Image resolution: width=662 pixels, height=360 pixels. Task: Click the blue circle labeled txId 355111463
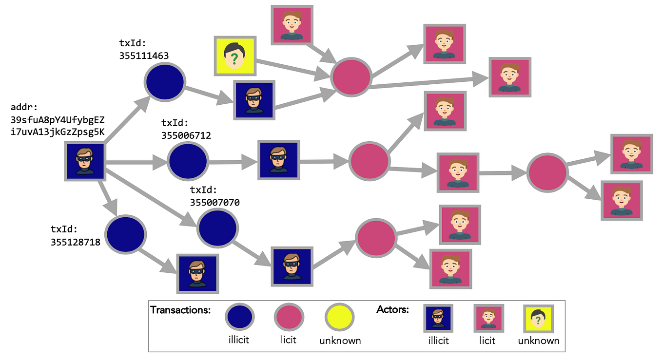coord(164,82)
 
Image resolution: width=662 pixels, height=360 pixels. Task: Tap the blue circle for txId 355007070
coord(217,227)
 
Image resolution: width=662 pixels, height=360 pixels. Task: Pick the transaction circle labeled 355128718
coord(126,234)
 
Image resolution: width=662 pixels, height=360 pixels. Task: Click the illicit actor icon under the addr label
coord(86,162)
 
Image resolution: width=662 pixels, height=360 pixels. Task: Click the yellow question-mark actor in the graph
coord(235,56)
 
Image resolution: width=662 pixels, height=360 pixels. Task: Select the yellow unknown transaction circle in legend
coord(339,318)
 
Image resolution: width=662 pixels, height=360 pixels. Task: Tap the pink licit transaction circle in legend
coord(289,318)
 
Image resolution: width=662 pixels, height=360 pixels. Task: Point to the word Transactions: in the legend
coord(180,310)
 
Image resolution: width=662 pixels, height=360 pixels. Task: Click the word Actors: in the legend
coord(393,309)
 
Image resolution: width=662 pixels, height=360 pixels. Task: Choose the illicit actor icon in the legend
coord(438,318)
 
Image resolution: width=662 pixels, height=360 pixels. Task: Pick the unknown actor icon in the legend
coord(538,320)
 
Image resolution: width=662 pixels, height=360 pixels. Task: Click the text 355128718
coord(75,241)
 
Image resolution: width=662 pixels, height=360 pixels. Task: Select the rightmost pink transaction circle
coord(546,172)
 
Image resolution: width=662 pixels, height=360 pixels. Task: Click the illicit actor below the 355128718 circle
coord(196,273)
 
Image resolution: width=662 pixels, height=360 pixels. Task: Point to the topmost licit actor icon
coord(291,24)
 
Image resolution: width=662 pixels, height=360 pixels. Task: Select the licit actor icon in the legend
coord(489,318)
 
